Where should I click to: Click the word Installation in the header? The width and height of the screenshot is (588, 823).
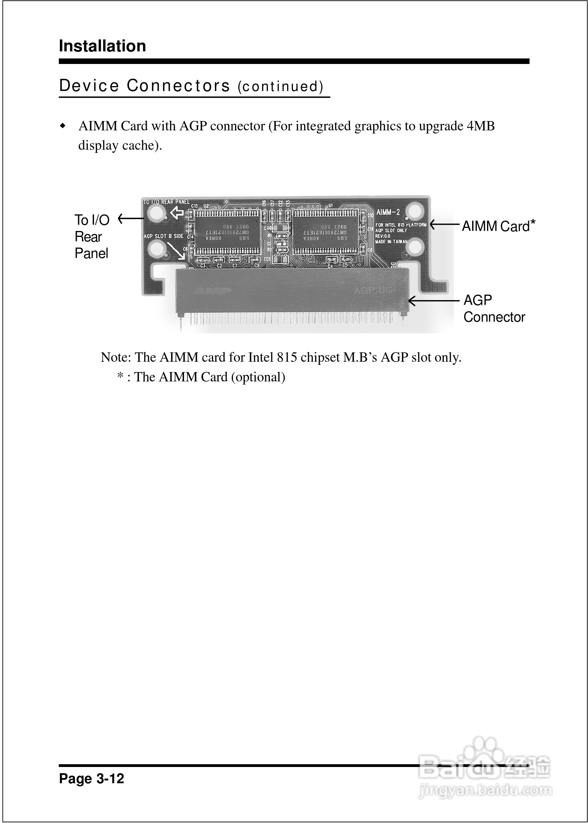(102, 46)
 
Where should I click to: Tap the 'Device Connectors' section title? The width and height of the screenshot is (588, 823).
(145, 86)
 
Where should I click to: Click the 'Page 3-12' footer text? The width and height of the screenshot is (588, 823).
(92, 778)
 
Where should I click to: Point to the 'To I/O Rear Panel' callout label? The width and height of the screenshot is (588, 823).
(92, 237)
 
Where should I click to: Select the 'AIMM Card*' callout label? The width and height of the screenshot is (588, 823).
(498, 226)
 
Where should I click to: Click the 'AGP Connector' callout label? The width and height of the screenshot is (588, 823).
(494, 309)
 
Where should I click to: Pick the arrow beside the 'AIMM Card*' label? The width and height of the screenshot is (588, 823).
(444, 225)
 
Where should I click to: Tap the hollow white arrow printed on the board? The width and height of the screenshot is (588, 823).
(177, 213)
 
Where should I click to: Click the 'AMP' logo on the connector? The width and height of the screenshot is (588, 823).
(212, 291)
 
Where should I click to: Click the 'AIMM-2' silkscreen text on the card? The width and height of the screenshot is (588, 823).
(388, 212)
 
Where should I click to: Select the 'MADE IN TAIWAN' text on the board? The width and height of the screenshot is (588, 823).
(392, 241)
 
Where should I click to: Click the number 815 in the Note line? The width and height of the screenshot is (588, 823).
(287, 358)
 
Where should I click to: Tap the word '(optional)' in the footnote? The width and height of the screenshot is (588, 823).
(258, 377)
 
